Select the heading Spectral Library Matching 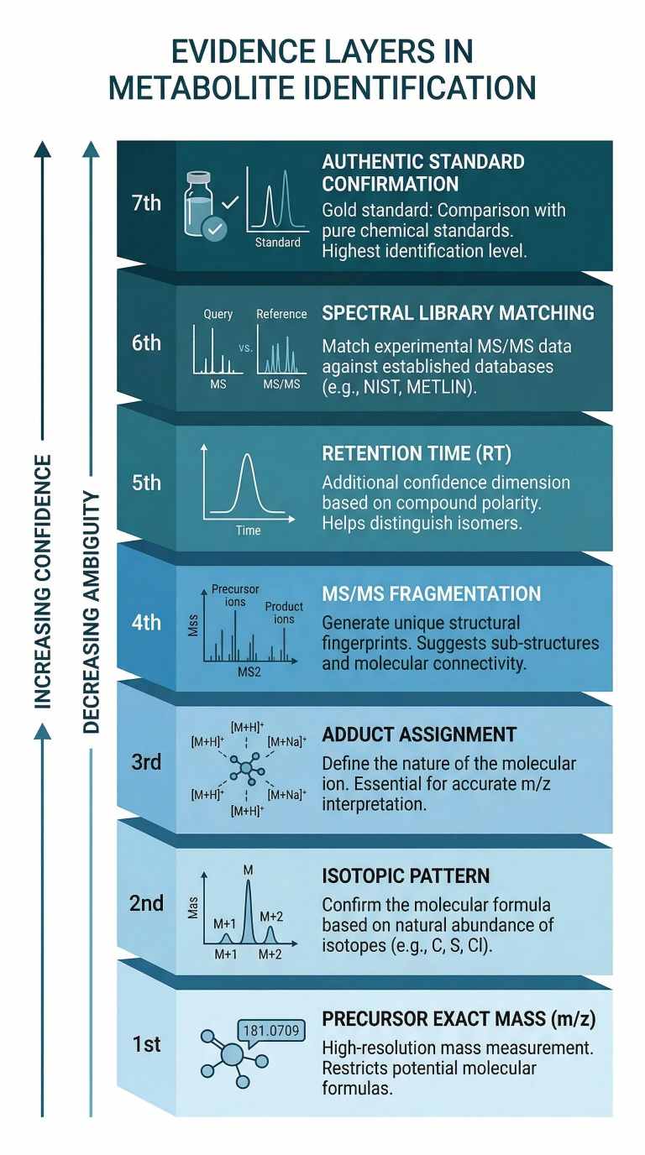(458, 313)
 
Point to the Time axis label (248, 530)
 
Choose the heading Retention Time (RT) (417, 454)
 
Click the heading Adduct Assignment (419, 735)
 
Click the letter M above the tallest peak (248, 869)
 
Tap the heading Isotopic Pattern (406, 876)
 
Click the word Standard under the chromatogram (277, 243)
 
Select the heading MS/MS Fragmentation (432, 594)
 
